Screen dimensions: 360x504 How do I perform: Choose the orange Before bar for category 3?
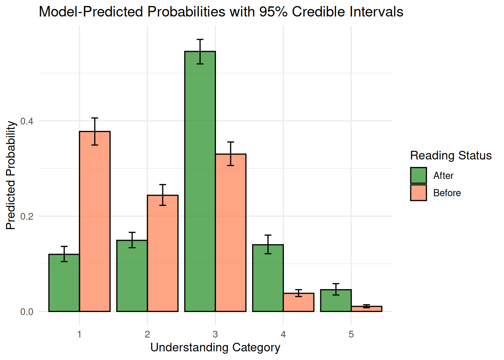click(x=231, y=232)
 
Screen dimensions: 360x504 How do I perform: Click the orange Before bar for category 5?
click(x=366, y=309)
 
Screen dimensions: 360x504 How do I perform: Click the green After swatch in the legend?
click(x=418, y=175)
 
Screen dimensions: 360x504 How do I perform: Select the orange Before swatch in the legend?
click(x=418, y=193)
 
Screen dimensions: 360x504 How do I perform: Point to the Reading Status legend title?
click(x=451, y=155)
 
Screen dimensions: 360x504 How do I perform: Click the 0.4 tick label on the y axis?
click(x=27, y=121)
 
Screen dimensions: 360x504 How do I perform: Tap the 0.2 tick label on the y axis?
click(x=27, y=216)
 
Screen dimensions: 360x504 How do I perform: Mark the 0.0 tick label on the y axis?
click(x=27, y=312)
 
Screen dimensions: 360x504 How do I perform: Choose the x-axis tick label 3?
click(x=215, y=334)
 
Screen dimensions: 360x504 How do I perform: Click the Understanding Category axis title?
click(x=215, y=347)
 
